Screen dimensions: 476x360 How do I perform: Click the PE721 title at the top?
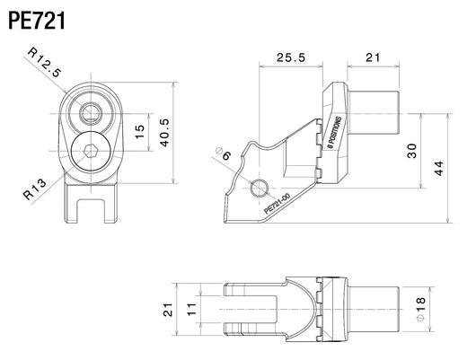coord(37,21)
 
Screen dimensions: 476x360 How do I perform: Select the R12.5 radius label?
coord(45,62)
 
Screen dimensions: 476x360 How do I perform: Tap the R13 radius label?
coord(35,189)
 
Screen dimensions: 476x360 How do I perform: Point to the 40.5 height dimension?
coord(165,133)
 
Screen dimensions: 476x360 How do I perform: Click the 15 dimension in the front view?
coord(140,132)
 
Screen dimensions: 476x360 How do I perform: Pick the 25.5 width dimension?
coord(291,57)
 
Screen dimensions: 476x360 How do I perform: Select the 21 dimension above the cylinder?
coord(373,57)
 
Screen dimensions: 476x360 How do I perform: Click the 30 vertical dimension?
coord(411,151)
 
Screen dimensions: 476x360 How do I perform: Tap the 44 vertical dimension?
coord(438,168)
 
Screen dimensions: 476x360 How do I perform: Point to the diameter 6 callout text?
coord(224,154)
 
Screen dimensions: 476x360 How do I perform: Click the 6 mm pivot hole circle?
coord(260,188)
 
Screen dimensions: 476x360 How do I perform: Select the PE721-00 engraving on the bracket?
coord(278,204)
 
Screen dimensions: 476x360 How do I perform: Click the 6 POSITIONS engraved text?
coord(334,133)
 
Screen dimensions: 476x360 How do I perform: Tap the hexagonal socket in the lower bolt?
coord(91,151)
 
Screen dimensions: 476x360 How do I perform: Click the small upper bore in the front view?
coord(91,113)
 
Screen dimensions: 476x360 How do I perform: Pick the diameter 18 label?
coord(420,310)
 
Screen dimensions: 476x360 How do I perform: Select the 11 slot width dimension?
coord(192,310)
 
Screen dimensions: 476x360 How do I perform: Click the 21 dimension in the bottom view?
coord(168,310)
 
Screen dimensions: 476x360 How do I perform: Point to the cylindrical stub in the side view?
coord(373,112)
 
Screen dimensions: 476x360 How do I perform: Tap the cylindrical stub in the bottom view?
coord(373,310)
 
